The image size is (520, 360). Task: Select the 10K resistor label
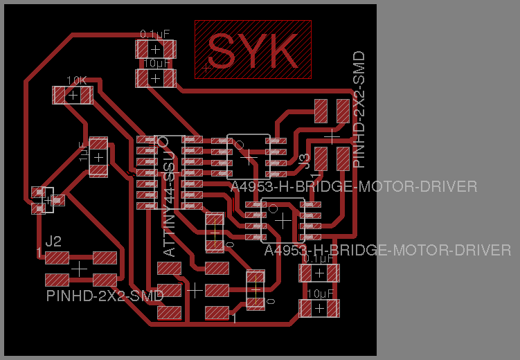[76, 80]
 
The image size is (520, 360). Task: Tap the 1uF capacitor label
[82, 152]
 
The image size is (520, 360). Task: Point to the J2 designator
[53, 242]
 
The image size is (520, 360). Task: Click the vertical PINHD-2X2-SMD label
[359, 109]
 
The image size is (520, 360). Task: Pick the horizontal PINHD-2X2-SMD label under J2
[105, 296]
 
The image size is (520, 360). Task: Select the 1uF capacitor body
[99, 157]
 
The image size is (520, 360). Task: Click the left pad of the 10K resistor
[60, 95]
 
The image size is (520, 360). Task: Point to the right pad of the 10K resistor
[84, 95]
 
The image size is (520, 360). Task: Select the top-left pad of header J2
[57, 258]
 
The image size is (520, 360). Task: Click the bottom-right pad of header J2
[105, 280]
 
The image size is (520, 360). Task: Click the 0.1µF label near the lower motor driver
[319, 259]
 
